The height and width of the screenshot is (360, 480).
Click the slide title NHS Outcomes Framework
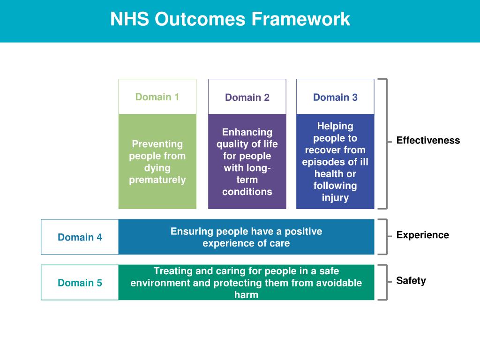(x=230, y=19)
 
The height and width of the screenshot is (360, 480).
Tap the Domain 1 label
(x=157, y=97)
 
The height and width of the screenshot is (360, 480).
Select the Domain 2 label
(x=247, y=97)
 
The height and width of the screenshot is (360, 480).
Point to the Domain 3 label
(x=335, y=97)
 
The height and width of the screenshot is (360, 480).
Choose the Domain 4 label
(x=80, y=237)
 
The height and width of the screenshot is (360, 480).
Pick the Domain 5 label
(x=80, y=283)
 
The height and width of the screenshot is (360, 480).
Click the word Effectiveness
(x=428, y=141)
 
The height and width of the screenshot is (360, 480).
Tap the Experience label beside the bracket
(x=422, y=235)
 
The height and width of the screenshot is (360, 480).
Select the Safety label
(x=411, y=281)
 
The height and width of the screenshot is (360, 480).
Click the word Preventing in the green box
(x=157, y=144)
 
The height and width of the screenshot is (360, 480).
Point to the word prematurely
(x=157, y=180)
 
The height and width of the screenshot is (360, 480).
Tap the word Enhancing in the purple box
(x=247, y=132)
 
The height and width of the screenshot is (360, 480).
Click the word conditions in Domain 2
(x=247, y=191)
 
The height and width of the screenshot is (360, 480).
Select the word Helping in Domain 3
(x=335, y=126)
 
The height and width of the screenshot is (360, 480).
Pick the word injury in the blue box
(x=335, y=197)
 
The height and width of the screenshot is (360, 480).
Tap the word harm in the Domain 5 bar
(x=246, y=295)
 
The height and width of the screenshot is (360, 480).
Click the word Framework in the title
(x=300, y=19)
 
